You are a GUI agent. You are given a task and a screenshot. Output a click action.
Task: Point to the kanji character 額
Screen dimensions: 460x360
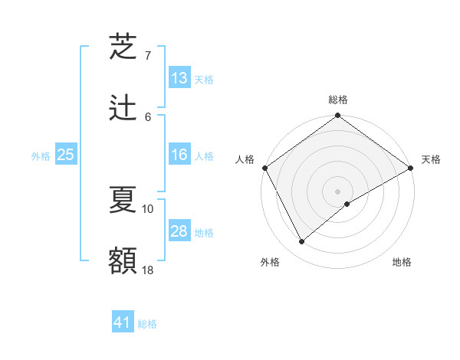coord(123,260)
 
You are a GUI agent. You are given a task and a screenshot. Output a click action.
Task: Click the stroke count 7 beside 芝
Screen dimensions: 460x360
coord(148,56)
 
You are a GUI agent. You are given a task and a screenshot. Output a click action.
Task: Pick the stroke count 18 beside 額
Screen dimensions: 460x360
coord(148,270)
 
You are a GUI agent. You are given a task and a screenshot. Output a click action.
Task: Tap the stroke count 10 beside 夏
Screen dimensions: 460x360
coord(148,208)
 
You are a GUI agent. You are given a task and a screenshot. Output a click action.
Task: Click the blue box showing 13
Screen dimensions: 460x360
coord(179,78)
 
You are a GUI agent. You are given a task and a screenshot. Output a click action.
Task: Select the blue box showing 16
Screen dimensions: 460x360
coord(179,155)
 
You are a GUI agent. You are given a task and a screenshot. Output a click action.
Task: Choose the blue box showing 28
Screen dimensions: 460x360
coord(179,231)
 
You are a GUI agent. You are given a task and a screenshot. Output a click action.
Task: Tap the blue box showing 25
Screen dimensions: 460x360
coord(66,155)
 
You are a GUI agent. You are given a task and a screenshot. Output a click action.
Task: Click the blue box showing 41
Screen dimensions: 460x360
coord(123,322)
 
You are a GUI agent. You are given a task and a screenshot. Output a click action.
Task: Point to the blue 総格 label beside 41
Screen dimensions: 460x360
coord(147,324)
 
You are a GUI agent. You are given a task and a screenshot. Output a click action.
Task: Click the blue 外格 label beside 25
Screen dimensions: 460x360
coord(41,156)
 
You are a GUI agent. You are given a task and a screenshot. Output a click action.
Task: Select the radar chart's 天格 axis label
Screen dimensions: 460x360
coord(431,159)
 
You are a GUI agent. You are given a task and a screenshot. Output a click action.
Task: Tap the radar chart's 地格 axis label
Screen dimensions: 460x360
coord(402,262)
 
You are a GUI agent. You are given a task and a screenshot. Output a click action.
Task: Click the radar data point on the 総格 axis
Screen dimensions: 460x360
coord(338,116)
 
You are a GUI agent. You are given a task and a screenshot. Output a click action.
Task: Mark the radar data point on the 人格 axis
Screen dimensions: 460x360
coord(264,168)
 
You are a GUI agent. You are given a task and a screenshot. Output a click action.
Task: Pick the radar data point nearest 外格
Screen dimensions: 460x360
coord(302,242)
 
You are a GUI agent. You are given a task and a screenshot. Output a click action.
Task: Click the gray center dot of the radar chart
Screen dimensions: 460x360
coord(338,191)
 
